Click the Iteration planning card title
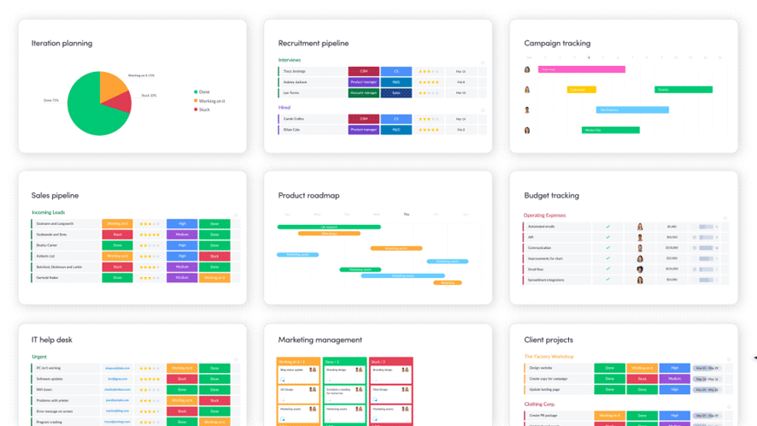[x=62, y=44]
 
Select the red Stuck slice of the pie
[x=120, y=103]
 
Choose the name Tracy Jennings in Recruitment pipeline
[x=295, y=72]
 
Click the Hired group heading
[x=285, y=108]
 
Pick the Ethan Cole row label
[x=293, y=130]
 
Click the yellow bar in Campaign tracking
[x=581, y=90]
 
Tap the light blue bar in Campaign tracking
[x=632, y=109]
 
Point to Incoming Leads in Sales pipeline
[x=49, y=212]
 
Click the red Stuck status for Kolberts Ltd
[x=214, y=256]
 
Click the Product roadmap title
[x=308, y=196]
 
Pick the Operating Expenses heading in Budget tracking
[x=544, y=216]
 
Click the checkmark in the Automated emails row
[x=608, y=227]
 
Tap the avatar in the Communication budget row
[x=640, y=248]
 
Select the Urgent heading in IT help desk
[x=39, y=357]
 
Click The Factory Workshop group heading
[x=549, y=357]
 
